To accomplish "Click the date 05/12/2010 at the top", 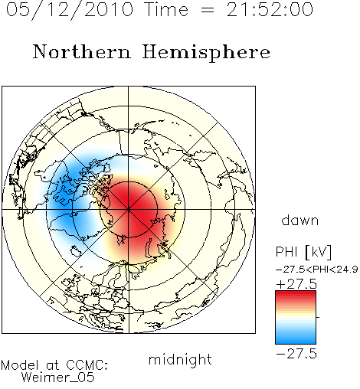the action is click(x=70, y=10).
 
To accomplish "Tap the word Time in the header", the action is click(x=166, y=9).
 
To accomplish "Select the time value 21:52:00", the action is click(x=270, y=9).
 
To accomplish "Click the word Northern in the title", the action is click(x=82, y=51).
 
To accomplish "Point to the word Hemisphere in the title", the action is click(x=206, y=52).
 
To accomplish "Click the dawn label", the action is click(x=300, y=220).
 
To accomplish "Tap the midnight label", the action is click(x=180, y=359).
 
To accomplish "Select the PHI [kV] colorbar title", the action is click(x=303, y=252).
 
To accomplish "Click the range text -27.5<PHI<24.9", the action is click(x=317, y=270).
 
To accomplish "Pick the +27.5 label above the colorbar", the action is click(x=296, y=284).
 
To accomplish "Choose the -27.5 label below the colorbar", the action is click(x=296, y=354).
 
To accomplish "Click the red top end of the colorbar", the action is click(x=296, y=293).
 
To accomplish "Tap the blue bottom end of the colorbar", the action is click(x=296, y=342).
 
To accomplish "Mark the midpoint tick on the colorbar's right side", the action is click(x=318, y=317).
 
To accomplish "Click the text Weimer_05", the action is click(x=58, y=378).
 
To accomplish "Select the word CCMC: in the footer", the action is click(x=87, y=365).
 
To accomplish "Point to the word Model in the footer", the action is click(x=20, y=365).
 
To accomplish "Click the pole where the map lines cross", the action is click(x=129, y=209).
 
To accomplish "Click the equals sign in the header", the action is click(x=208, y=10).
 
